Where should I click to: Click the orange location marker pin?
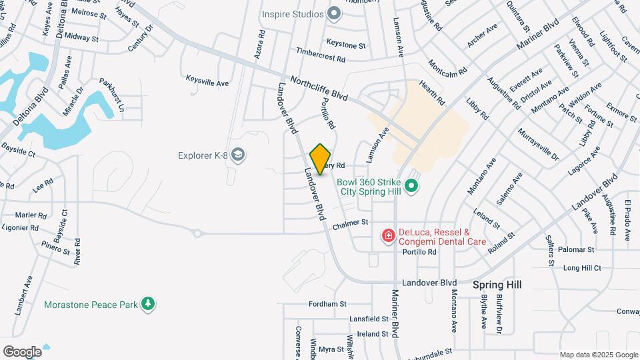coord(321,159)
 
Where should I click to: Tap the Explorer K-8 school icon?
coord(239,156)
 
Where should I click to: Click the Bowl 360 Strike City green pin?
coord(412,185)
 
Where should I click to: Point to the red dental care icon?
coord(387,235)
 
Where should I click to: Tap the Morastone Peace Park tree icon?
coord(148,305)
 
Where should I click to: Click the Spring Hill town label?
coord(497,285)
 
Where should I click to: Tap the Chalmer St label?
coord(351,222)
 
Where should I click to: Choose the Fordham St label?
coord(327,304)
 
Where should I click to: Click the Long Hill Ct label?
coord(582,268)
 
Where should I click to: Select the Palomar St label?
coord(577,250)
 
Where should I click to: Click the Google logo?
coord(22,351)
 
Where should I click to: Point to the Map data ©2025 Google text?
coord(599,355)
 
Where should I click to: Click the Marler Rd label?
coord(31,215)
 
